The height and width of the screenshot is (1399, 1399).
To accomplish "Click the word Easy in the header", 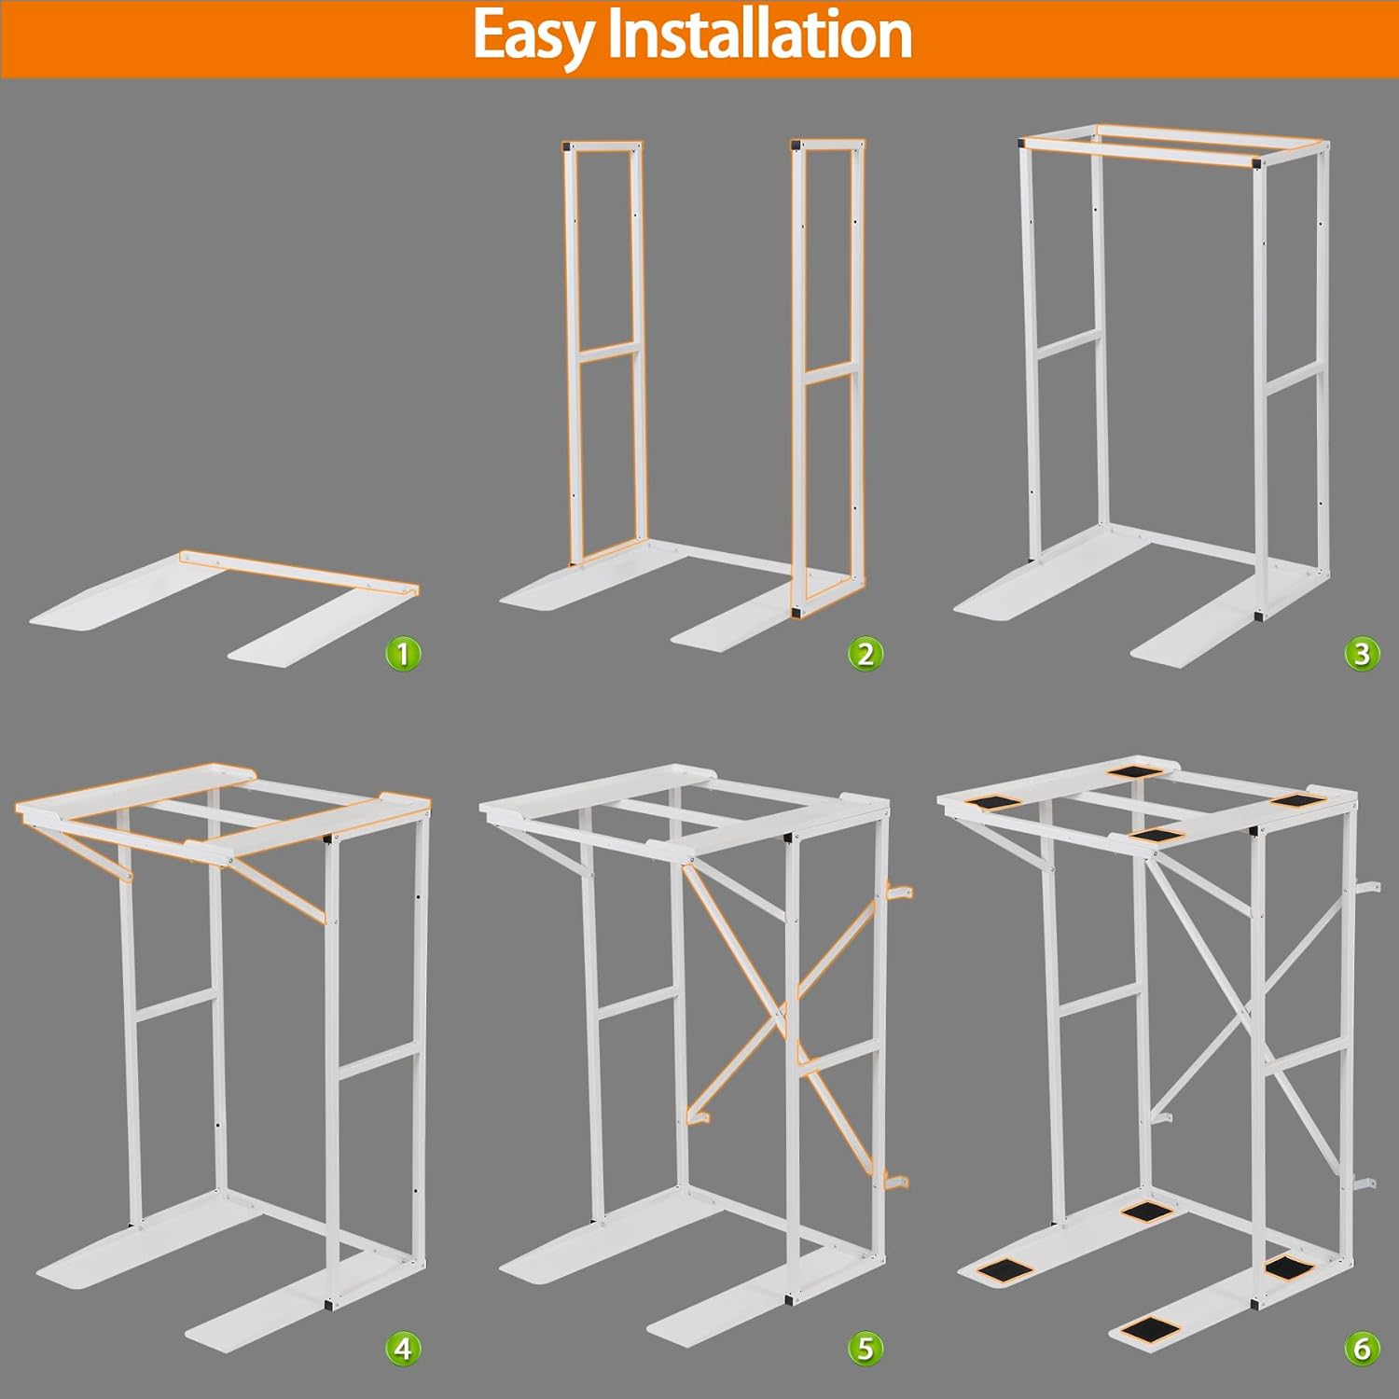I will (x=532, y=37).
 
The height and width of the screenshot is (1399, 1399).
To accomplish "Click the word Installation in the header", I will (x=759, y=35).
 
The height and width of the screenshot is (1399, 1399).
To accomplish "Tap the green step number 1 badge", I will (x=403, y=654).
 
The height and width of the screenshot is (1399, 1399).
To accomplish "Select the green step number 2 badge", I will (x=866, y=654).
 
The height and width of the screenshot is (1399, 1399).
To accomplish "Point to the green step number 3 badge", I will (x=1362, y=654).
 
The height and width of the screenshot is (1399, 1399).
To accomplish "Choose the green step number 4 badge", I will (x=403, y=1348).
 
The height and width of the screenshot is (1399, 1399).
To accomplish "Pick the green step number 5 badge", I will (x=866, y=1348).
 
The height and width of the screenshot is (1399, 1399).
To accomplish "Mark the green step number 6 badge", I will (x=1362, y=1348).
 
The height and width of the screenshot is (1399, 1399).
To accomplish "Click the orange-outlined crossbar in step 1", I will (x=298, y=572).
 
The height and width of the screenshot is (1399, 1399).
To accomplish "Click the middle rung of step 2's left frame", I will (x=607, y=352).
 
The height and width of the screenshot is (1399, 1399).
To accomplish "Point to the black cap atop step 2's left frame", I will (x=567, y=146).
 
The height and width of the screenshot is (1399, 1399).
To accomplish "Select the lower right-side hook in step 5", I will (x=895, y=1183).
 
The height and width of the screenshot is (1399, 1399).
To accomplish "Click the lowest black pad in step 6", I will (x=1148, y=1329).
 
